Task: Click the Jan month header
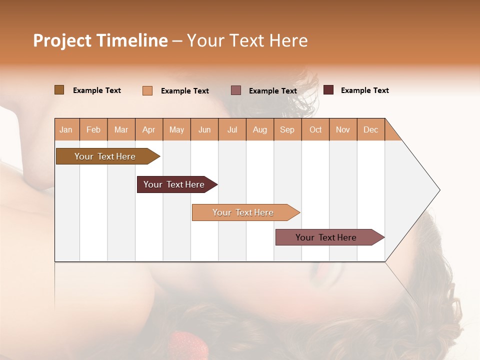click(66, 129)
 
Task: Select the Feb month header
click(93, 129)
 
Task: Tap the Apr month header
click(148, 129)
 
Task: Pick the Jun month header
click(204, 129)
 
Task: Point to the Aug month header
click(259, 129)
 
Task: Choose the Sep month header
click(287, 129)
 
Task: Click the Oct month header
click(315, 129)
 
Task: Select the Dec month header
click(370, 129)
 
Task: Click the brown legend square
click(59, 90)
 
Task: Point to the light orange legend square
click(147, 90)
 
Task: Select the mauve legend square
click(236, 90)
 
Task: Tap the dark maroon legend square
click(328, 90)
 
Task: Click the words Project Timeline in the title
click(100, 40)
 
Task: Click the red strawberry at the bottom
click(187, 345)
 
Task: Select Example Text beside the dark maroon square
click(364, 90)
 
